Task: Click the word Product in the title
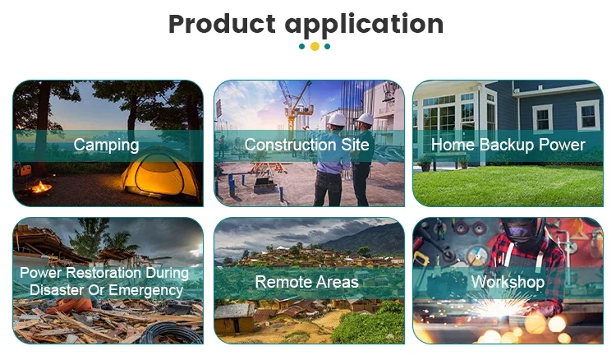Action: click(222, 24)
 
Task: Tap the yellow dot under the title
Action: click(315, 46)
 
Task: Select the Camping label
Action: click(106, 145)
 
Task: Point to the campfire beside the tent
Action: click(41, 187)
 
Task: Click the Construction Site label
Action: click(307, 145)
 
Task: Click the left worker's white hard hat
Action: click(337, 119)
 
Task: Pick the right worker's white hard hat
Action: click(365, 118)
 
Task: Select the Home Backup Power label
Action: click(508, 145)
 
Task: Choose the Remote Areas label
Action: click(307, 282)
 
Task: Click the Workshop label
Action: click(508, 282)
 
